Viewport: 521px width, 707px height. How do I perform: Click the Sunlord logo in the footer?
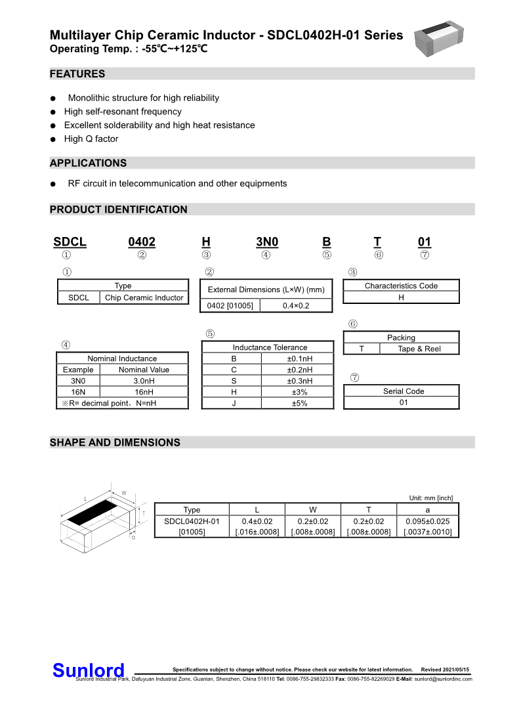coord(88,670)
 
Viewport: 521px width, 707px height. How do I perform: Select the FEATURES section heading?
coord(77,74)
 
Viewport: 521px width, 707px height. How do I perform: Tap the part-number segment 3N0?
coord(267,242)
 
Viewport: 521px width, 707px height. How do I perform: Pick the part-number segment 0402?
coord(142,242)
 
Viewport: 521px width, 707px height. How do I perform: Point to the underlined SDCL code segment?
coord(70,242)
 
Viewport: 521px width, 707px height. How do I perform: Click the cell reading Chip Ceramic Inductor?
coord(144,297)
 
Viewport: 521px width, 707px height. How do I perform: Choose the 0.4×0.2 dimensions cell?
coord(296,306)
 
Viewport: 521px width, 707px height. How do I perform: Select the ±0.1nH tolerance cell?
coord(300,359)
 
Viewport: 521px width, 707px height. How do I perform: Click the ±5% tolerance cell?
coord(300,404)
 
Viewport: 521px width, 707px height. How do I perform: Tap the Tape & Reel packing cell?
coord(419,349)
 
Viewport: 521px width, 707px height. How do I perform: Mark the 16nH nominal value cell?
coord(144,392)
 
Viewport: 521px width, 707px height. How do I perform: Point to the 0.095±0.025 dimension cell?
coord(428,521)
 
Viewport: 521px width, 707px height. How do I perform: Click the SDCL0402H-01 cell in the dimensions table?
coord(192,521)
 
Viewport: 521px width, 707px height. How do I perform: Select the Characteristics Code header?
coord(401,286)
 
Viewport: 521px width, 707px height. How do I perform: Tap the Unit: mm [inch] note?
coord(430,498)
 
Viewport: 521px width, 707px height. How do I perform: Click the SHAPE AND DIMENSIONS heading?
coord(115,442)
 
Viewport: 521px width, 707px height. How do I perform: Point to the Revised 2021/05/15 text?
coord(446,670)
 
